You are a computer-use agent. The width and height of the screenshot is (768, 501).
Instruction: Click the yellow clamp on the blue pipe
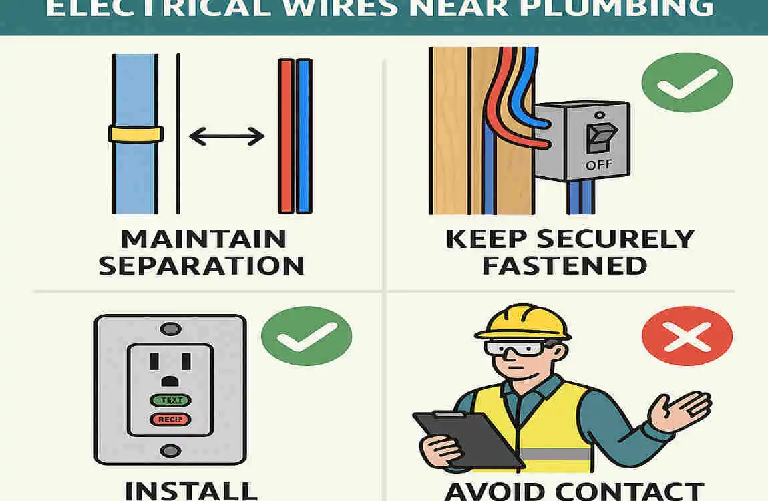(x=136, y=134)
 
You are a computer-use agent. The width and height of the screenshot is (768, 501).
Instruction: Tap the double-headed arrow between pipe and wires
(x=227, y=137)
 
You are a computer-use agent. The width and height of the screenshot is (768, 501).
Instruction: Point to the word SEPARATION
(x=202, y=265)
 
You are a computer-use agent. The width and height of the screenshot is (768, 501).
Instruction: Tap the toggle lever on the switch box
(x=596, y=137)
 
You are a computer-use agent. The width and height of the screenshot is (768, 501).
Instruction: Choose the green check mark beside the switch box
(x=687, y=83)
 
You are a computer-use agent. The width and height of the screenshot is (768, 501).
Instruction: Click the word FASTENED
(x=564, y=265)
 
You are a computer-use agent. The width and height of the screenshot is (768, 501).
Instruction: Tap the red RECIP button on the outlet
(x=170, y=420)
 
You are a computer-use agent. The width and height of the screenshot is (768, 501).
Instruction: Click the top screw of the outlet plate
(x=171, y=329)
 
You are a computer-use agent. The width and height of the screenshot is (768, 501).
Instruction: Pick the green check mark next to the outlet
(x=306, y=341)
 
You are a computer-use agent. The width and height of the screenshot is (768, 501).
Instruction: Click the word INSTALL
(x=191, y=490)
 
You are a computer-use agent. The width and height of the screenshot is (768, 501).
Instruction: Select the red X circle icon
(x=687, y=341)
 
